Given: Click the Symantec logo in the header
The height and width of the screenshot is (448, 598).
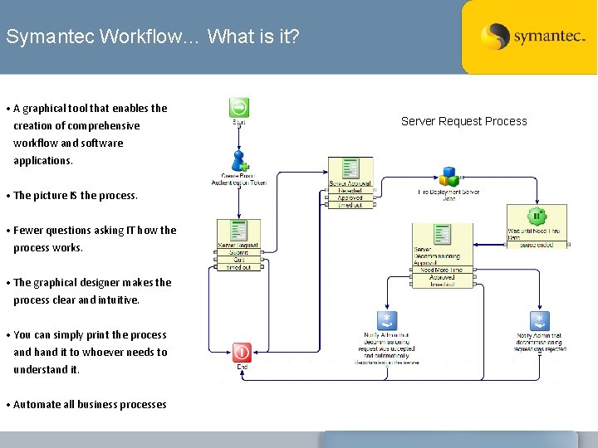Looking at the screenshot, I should pos(532,37).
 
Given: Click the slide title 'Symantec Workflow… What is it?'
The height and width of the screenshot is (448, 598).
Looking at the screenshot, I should pos(153,37).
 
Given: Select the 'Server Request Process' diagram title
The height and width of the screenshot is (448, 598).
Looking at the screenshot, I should pos(463,121).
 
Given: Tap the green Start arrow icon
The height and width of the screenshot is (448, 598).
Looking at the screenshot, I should pos(239,108).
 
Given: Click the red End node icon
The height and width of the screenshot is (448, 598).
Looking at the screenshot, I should pos(242,353).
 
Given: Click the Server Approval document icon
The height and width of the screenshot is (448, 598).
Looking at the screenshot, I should pos(350,168).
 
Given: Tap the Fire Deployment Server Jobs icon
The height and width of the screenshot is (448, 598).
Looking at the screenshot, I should pos(448,177).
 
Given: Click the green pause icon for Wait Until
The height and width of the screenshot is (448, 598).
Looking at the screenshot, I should pos(537,217).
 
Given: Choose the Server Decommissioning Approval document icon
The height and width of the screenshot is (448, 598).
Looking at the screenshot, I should pos(442,235).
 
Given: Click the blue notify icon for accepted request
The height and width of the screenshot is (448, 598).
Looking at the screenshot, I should pos(386,321).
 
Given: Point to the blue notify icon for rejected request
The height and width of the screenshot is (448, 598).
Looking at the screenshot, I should pos(539,321).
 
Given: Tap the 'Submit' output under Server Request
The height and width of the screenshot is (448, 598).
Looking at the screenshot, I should pos(239,253).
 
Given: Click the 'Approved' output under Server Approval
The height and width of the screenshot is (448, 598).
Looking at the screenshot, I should pos(350,197).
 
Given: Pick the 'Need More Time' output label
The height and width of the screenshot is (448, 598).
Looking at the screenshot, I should pos(441,270).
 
